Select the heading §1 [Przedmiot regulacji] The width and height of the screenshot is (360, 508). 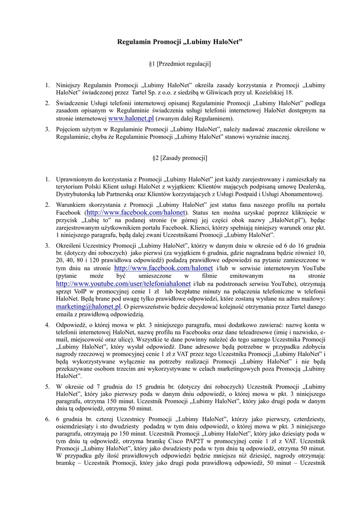(x=180, y=64)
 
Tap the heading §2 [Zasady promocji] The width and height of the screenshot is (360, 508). (x=180, y=158)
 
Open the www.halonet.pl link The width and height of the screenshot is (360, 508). (x=131, y=119)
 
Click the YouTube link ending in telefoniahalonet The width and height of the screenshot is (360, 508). (x=124, y=283)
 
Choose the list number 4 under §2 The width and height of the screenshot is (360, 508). (x=48, y=325)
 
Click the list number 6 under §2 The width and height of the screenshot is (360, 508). (x=48, y=419)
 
